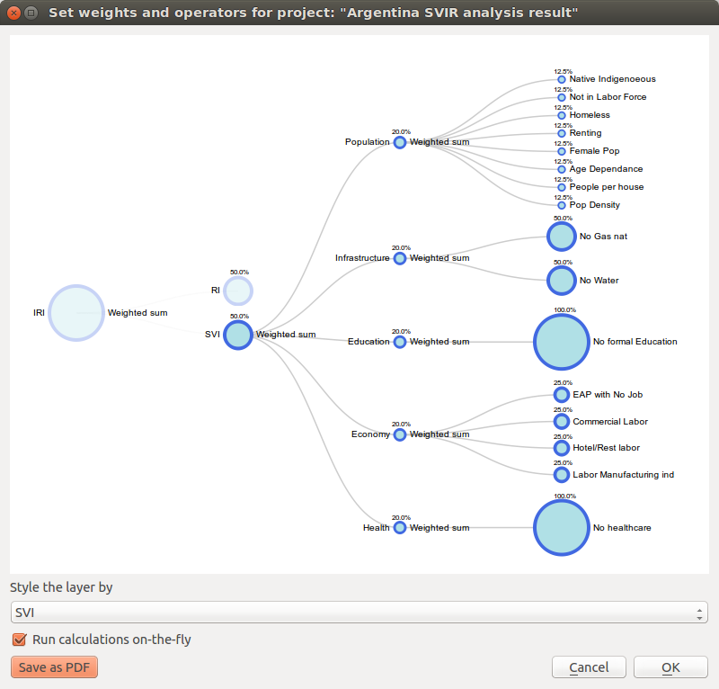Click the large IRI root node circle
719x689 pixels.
pyautogui.click(x=76, y=312)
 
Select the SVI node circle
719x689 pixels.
pyautogui.click(x=238, y=335)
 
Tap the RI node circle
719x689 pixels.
pyautogui.click(x=238, y=291)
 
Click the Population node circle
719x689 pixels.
pyautogui.click(x=400, y=142)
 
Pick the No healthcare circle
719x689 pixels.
pyautogui.click(x=562, y=527)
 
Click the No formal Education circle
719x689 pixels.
pyautogui.click(x=562, y=342)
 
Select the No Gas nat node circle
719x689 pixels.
pyautogui.click(x=562, y=237)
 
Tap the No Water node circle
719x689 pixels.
pyautogui.click(x=562, y=280)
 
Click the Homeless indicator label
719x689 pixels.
pyautogui.click(x=590, y=115)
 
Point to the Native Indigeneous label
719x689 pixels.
pyautogui.click(x=612, y=79)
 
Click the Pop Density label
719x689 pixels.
pyautogui.click(x=594, y=205)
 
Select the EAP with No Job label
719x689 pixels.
pyautogui.click(x=608, y=394)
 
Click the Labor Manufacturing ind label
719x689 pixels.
pyautogui.click(x=623, y=474)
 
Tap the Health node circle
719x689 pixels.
pyautogui.click(x=400, y=528)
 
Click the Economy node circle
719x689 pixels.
pyautogui.click(x=400, y=434)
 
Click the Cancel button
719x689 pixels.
pyautogui.click(x=589, y=667)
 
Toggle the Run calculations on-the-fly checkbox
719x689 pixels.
pyautogui.click(x=19, y=640)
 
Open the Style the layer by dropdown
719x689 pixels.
pyautogui.click(x=359, y=613)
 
